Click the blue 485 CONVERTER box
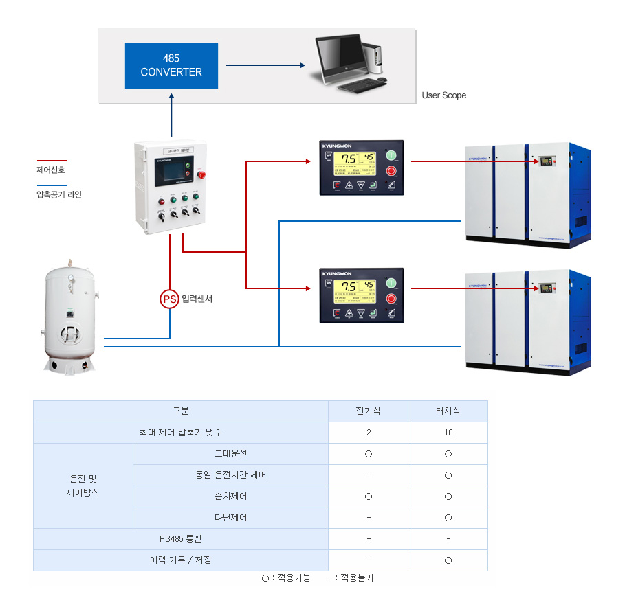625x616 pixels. click(171, 65)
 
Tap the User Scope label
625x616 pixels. click(443, 95)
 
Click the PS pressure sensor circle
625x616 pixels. click(169, 299)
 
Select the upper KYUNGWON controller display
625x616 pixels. click(362, 168)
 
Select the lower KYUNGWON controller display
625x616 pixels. click(362, 295)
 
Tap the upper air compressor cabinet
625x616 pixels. click(527, 193)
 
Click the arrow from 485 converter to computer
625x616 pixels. click(265, 66)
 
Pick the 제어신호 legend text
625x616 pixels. click(51, 170)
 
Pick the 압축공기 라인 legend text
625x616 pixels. click(59, 195)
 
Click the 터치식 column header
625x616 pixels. click(448, 411)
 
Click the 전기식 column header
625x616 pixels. click(368, 411)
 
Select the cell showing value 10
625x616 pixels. click(448, 433)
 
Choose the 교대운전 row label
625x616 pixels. click(230, 454)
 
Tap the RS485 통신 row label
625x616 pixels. click(181, 539)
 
